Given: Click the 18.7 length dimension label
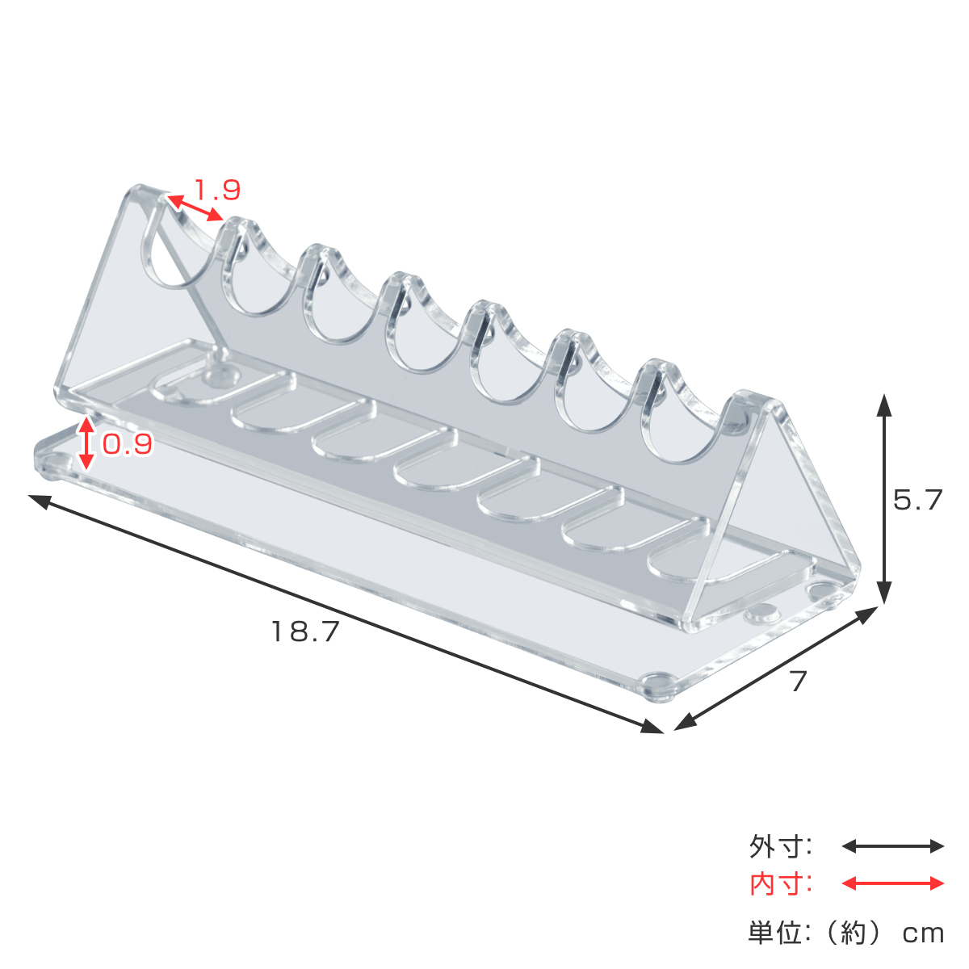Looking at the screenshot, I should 305,631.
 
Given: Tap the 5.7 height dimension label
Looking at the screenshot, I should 918,500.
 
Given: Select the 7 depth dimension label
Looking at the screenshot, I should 798,682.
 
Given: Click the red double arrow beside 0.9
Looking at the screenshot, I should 86,443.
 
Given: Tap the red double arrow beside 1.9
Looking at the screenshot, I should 195,208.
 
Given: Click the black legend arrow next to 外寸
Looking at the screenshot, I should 892,846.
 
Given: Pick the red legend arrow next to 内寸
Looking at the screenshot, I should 892,883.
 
